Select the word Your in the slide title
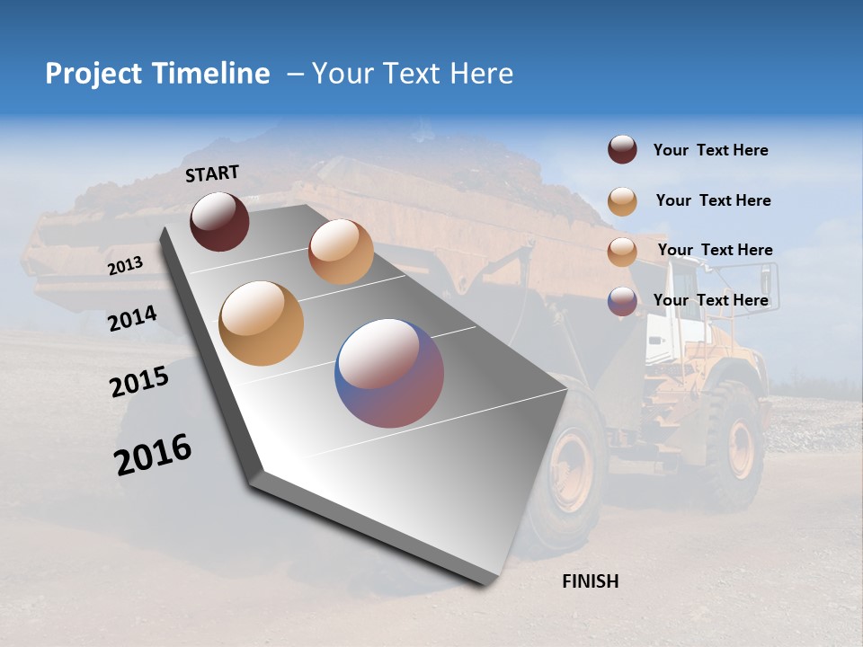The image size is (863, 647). [x=343, y=74]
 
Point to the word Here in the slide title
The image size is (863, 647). [x=481, y=74]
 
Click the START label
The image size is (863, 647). [x=212, y=173]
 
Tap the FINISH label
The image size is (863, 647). [x=590, y=581]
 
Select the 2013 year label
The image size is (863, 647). [x=126, y=266]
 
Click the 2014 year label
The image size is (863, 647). [x=132, y=319]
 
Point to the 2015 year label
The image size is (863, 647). [x=139, y=382]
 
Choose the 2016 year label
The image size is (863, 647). [x=153, y=455]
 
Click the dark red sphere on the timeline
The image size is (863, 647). [x=219, y=221]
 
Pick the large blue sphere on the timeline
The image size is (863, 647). [x=389, y=372]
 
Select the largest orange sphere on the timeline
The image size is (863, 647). [x=261, y=323]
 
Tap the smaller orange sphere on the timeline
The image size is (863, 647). [x=341, y=252]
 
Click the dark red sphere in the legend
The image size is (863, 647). [x=622, y=150]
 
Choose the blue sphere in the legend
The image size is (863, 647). [x=622, y=301]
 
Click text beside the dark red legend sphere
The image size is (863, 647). [x=710, y=151]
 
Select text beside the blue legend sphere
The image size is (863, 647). [x=710, y=300]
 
